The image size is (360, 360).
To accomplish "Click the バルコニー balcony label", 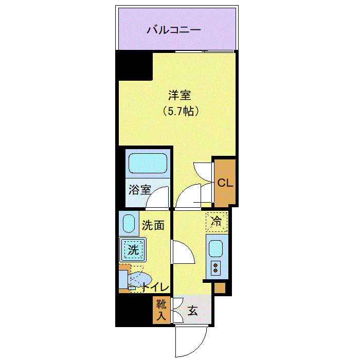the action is point(174,30).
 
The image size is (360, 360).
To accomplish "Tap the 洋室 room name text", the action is point(179,95).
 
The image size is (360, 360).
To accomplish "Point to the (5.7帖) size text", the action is point(181,112).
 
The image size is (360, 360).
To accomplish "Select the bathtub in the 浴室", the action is point(148,163).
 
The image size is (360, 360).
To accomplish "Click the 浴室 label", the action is point(139,190).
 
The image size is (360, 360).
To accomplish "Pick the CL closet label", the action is point(225,183).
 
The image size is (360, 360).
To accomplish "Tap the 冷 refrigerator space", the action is point(217,222).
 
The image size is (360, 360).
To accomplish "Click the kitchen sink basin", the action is point(216,248).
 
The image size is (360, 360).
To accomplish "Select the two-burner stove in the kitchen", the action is point(215,268).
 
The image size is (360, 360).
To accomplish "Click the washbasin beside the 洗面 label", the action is point(129,224).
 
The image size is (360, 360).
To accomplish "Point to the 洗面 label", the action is point(153,225).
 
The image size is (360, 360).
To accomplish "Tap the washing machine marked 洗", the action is point(133,249).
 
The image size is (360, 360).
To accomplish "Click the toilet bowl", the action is point(139,279).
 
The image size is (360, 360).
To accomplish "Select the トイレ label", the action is point(156,287).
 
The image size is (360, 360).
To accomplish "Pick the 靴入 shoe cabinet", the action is point(161,310).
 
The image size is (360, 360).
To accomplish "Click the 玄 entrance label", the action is point(193,311).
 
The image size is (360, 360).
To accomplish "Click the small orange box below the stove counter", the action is point(220,287).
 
